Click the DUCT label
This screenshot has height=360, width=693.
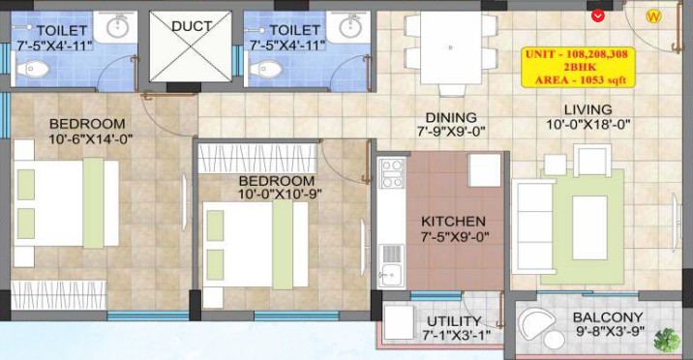(x=192, y=26)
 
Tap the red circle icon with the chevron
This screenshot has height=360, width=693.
(x=598, y=16)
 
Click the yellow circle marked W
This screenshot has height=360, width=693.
(x=653, y=16)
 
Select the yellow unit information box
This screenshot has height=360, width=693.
(x=578, y=68)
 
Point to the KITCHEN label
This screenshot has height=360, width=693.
(x=453, y=222)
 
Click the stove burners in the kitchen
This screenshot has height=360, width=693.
(x=392, y=173)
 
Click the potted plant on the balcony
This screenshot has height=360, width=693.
(x=667, y=340)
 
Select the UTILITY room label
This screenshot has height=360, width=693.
(x=454, y=321)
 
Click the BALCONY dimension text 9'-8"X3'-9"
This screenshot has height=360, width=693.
(x=611, y=332)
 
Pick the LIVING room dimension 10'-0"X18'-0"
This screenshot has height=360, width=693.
(x=588, y=125)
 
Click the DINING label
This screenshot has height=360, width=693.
(x=451, y=117)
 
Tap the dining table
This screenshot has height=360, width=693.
(x=450, y=47)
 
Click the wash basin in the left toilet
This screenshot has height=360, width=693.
(x=117, y=27)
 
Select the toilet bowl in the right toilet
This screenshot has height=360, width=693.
(x=265, y=69)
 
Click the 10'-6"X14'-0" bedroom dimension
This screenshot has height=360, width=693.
(x=91, y=139)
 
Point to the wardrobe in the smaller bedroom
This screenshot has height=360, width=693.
(x=257, y=158)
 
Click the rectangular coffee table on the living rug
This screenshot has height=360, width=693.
(x=589, y=227)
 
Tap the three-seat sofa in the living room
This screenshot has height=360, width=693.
(x=532, y=226)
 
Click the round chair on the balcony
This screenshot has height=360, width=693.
(x=537, y=323)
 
